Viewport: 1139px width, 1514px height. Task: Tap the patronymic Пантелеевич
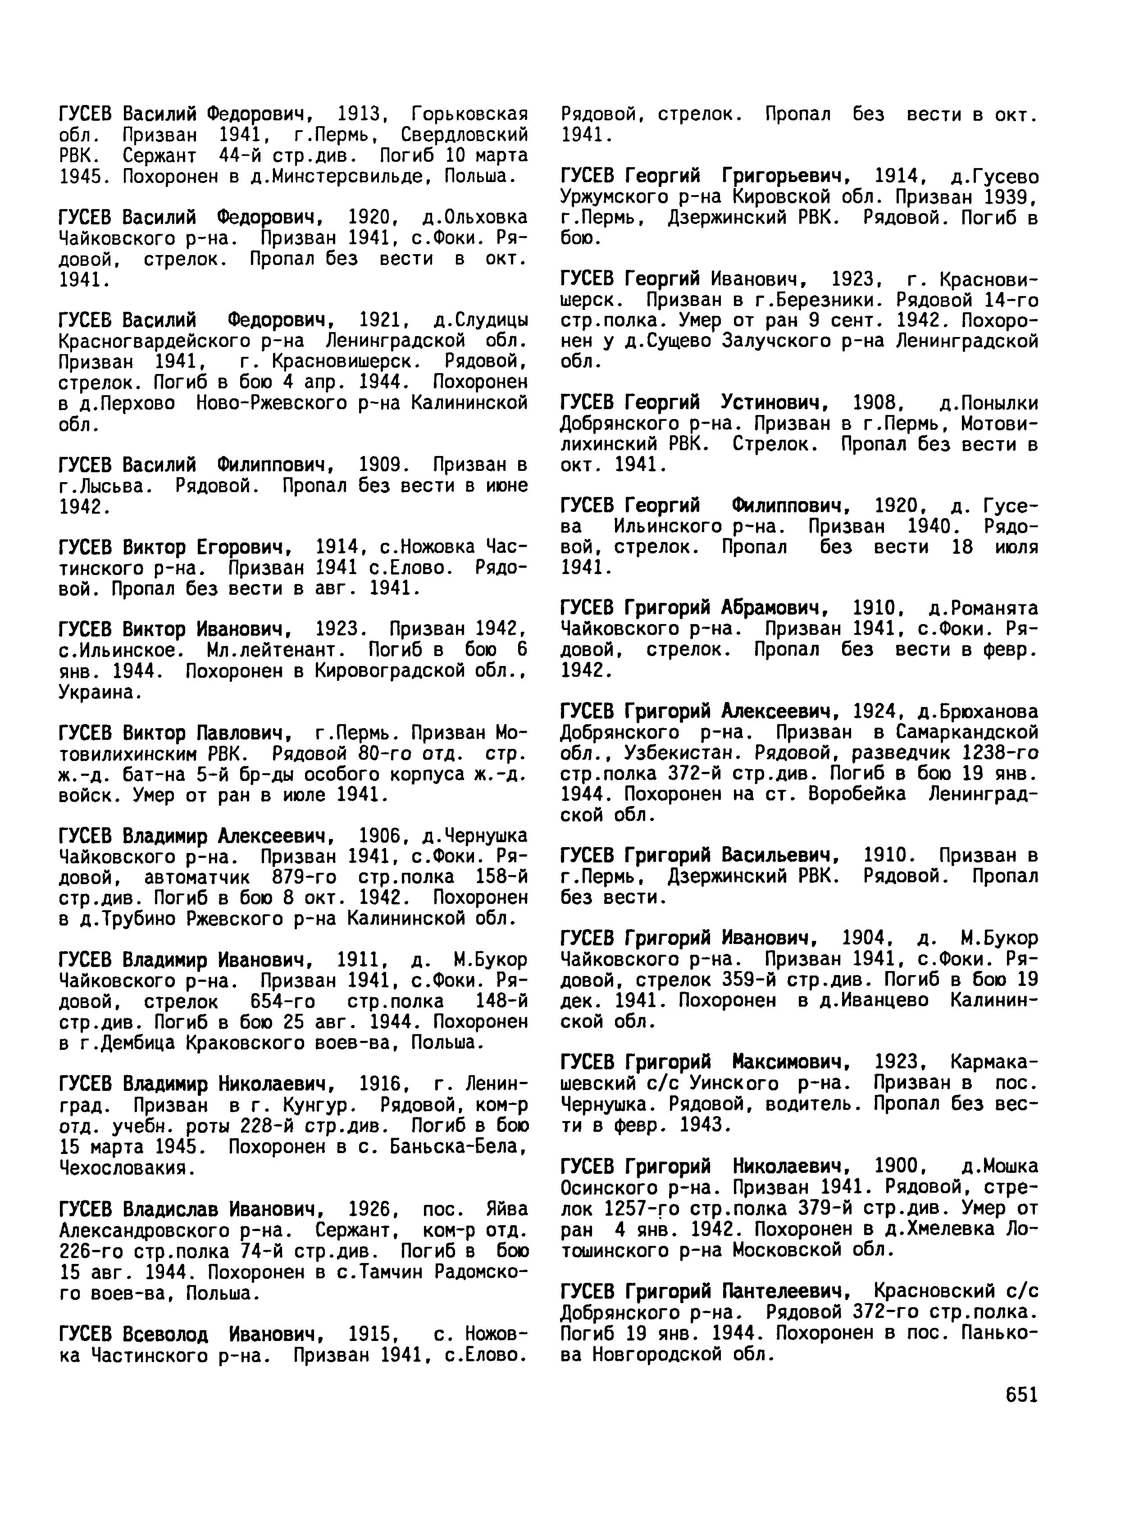[x=786, y=1291]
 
